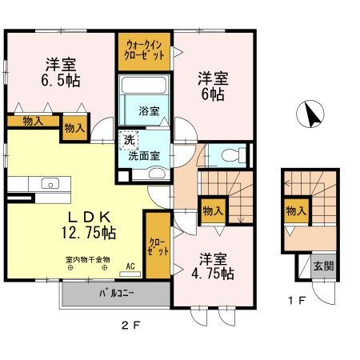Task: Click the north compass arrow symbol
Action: tap(313, 115)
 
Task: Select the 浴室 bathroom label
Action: tap(147, 110)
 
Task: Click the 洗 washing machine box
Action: tap(129, 141)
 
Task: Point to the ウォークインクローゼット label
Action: tap(146, 50)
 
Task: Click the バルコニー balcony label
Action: tap(116, 294)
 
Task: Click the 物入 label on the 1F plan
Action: tap(296, 211)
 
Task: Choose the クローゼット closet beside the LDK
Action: tap(156, 246)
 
